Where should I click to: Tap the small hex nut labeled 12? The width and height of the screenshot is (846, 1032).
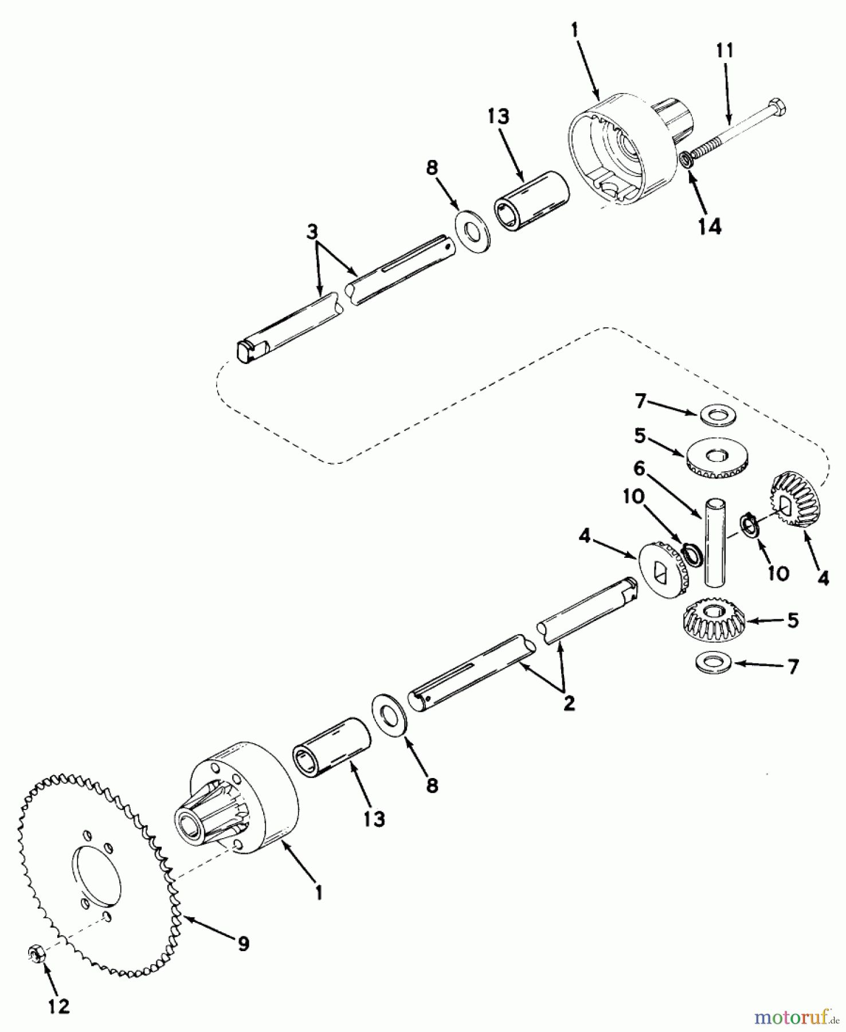pyautogui.click(x=37, y=954)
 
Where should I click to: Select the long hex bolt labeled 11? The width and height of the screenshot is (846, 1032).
pyautogui.click(x=737, y=129)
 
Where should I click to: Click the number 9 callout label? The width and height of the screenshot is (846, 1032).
pyautogui.click(x=244, y=944)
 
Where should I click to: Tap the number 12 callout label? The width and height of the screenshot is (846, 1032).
pyautogui.click(x=58, y=1006)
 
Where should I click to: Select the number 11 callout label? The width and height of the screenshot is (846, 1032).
pyautogui.click(x=724, y=50)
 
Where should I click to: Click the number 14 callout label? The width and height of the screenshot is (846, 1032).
pyautogui.click(x=710, y=226)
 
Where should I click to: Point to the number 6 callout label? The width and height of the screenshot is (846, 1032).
pyautogui.click(x=639, y=468)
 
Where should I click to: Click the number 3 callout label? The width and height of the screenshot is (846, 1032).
pyautogui.click(x=312, y=232)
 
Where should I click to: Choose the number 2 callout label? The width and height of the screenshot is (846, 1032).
pyautogui.click(x=569, y=703)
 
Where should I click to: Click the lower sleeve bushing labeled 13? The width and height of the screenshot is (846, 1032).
pyautogui.click(x=332, y=748)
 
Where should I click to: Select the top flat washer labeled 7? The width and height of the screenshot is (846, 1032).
pyautogui.click(x=718, y=414)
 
